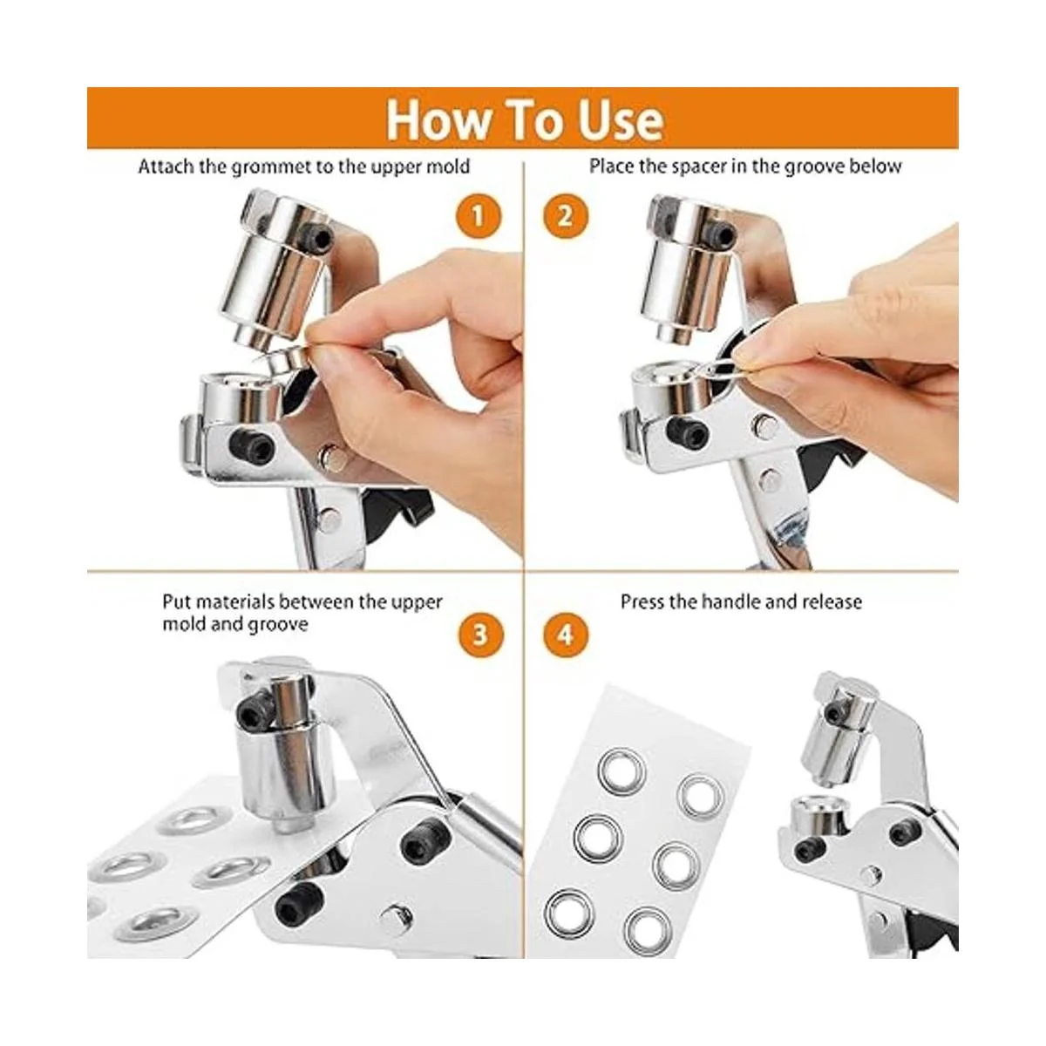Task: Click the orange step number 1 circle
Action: click(x=477, y=216)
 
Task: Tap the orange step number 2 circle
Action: click(x=566, y=216)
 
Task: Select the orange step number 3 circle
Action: click(x=481, y=635)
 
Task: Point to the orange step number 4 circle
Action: click(x=566, y=635)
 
